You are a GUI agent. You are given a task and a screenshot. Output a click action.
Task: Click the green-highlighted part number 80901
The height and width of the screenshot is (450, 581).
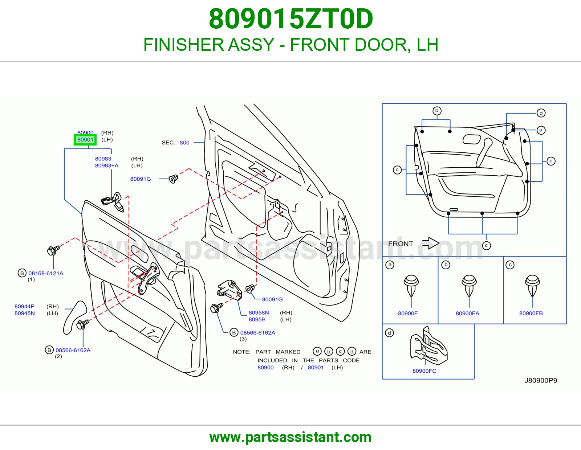(85, 140)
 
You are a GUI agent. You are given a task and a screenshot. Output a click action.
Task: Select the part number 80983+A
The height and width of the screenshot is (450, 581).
(107, 166)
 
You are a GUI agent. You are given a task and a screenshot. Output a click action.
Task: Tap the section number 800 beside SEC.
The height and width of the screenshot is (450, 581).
(184, 143)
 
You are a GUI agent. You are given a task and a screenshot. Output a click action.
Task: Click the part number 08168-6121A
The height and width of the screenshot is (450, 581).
(46, 273)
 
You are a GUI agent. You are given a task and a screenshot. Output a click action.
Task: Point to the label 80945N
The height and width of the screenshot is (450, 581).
(25, 313)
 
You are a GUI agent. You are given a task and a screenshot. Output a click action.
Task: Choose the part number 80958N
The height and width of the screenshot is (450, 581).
(259, 313)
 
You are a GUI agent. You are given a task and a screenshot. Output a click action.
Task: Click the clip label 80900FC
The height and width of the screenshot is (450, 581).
(424, 371)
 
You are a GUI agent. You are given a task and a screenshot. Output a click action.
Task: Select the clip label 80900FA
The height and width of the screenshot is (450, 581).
(467, 314)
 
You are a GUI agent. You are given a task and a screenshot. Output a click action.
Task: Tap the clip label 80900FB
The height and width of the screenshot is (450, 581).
(531, 314)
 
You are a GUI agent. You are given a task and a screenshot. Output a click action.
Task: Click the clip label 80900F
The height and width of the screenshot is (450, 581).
(408, 314)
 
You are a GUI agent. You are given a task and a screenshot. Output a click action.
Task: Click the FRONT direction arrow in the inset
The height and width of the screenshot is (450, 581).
(431, 243)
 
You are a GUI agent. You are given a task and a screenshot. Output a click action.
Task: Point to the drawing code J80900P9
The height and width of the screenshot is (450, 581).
(541, 381)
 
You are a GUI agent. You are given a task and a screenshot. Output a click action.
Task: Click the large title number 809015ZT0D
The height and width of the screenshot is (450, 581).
(291, 19)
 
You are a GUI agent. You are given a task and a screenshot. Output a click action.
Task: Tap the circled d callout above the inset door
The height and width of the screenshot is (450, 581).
(541, 113)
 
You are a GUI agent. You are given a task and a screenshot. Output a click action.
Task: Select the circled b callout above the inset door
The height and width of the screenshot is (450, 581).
(437, 111)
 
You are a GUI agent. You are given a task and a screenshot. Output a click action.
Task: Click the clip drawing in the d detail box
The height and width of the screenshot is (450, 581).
(428, 346)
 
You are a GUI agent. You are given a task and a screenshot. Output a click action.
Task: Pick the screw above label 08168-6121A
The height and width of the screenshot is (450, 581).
(53, 250)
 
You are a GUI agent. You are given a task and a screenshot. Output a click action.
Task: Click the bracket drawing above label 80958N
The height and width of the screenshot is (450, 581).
(229, 290)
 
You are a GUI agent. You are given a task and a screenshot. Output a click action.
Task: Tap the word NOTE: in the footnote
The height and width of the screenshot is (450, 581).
(242, 352)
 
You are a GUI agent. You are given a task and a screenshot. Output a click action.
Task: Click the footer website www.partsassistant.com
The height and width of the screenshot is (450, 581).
(290, 437)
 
